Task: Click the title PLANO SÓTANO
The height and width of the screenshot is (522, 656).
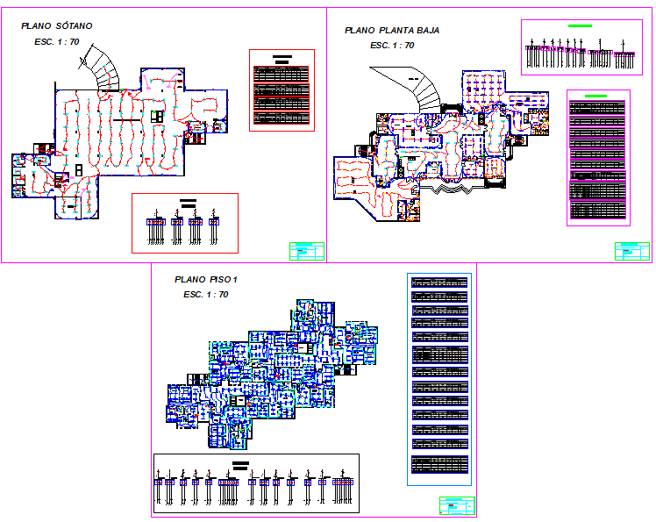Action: click(56, 26)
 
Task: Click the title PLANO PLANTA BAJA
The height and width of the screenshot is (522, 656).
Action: click(392, 30)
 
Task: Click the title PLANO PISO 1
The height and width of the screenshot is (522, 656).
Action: click(206, 279)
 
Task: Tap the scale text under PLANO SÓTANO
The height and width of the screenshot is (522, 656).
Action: click(57, 42)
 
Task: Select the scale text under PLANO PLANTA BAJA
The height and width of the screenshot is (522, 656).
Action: click(392, 45)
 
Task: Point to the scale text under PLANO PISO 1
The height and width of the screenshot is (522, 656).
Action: click(206, 295)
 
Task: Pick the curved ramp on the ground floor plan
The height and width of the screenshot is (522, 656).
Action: click(419, 88)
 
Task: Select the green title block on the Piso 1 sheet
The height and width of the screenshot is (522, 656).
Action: click(456, 505)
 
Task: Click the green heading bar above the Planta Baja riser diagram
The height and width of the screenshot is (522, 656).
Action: click(581, 26)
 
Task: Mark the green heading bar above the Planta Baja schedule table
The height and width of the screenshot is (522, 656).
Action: click(595, 95)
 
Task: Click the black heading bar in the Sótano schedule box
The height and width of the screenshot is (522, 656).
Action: click(282, 58)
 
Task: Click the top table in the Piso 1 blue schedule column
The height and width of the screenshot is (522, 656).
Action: click(440, 283)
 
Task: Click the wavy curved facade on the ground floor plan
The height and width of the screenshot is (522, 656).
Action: click(459, 190)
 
